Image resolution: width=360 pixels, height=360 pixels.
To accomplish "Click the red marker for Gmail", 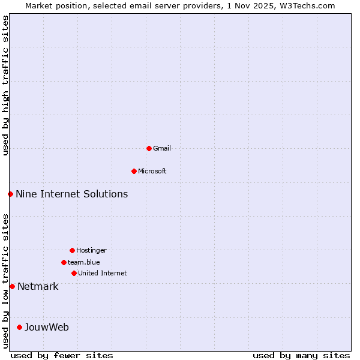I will (149, 148).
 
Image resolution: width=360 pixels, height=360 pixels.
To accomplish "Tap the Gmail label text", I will (162, 148).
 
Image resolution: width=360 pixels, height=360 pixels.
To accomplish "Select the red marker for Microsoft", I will (134, 171).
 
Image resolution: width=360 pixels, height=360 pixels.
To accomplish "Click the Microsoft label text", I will (152, 171).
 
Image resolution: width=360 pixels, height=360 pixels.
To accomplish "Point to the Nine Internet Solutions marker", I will (10, 194).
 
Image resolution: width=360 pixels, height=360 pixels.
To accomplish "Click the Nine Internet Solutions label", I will (71, 194).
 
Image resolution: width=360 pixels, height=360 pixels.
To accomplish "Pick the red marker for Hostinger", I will (72, 250).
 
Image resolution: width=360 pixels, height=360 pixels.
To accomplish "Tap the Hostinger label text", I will (91, 250).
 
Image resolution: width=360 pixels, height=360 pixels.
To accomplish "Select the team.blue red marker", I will (64, 262).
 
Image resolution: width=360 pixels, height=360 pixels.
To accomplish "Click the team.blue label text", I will (84, 262).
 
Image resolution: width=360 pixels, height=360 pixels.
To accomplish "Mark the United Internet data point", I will (74, 273).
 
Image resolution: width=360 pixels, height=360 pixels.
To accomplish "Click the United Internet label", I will (102, 273).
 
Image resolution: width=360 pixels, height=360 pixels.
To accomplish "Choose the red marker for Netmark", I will (12, 286).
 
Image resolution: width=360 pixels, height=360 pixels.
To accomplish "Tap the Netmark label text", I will (38, 286).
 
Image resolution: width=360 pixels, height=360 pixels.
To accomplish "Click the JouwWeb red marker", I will (19, 327).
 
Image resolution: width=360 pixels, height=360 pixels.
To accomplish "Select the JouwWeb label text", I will (47, 327).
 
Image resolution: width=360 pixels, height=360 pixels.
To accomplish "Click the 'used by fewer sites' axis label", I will (62, 355).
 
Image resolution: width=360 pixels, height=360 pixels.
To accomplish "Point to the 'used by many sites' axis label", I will (301, 355).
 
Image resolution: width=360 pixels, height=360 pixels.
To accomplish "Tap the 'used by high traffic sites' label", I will (5, 85).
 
